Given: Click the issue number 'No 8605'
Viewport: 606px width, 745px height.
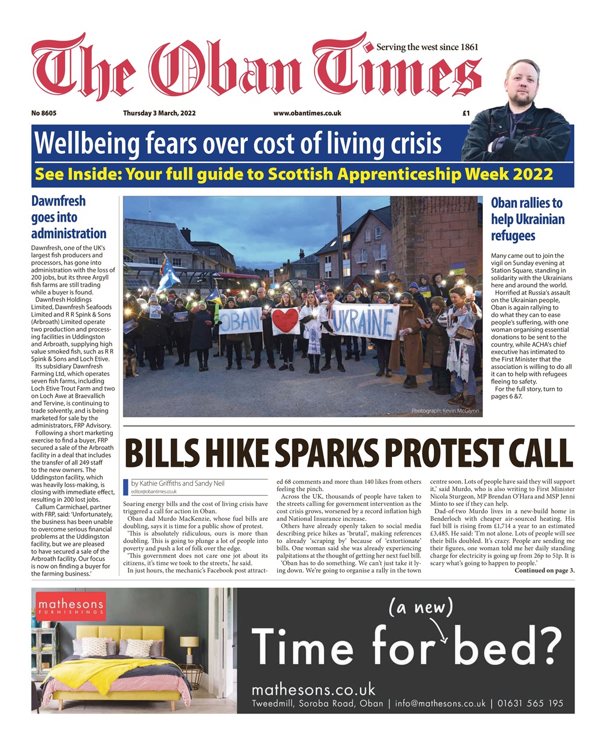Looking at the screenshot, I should pyautogui.click(x=44, y=113).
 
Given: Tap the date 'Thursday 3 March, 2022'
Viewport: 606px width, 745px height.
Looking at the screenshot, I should pyautogui.click(x=159, y=113).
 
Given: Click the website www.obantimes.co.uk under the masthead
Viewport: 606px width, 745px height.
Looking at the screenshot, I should pyautogui.click(x=307, y=113).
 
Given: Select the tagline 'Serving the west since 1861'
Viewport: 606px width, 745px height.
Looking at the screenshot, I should pyautogui.click(x=427, y=47).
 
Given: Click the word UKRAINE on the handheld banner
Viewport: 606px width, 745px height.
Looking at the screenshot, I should pyautogui.click(x=363, y=321).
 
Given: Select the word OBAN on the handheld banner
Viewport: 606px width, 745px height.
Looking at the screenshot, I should pyautogui.click(x=240, y=322).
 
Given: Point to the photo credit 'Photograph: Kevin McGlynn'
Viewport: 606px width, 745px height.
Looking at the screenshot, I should pyautogui.click(x=444, y=411).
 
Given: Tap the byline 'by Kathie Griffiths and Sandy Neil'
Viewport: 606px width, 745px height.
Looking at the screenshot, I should pyautogui.click(x=177, y=483).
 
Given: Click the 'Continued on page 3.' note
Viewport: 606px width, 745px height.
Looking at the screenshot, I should pyautogui.click(x=544, y=570).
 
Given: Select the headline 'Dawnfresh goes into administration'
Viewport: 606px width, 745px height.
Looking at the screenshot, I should pyautogui.click(x=68, y=217).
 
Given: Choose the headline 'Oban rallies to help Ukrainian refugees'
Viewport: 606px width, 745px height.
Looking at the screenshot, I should pyautogui.click(x=527, y=219).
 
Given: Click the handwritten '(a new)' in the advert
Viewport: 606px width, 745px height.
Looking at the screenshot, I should pyautogui.click(x=420, y=608).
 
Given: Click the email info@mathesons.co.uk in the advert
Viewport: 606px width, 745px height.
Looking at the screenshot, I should pyautogui.click(x=440, y=703).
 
